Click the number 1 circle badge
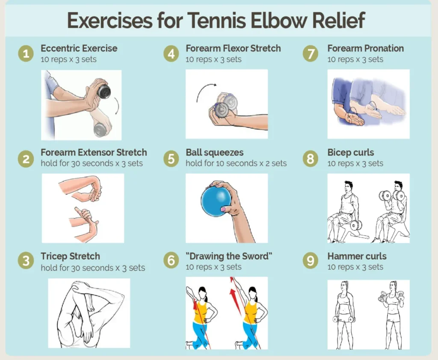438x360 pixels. (x=26, y=53)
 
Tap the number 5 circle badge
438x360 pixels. (x=171, y=159)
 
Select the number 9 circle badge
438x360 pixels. (x=311, y=260)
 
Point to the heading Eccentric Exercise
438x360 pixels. (x=79, y=48)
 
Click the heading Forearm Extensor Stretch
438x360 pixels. (x=94, y=153)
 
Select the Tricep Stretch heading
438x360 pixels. (x=71, y=257)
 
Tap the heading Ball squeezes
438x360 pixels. (x=215, y=153)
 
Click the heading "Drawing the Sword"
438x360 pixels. (x=229, y=256)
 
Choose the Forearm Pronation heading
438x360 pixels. (x=366, y=48)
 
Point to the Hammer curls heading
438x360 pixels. (x=357, y=256)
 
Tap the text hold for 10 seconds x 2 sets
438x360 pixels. (x=236, y=163)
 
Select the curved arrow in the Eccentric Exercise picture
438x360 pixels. (x=117, y=106)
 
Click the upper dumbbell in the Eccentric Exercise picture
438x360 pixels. (x=104, y=91)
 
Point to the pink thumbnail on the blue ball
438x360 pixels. (x=224, y=209)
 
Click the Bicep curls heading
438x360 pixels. (x=351, y=153)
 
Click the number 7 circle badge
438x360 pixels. (x=311, y=53)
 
